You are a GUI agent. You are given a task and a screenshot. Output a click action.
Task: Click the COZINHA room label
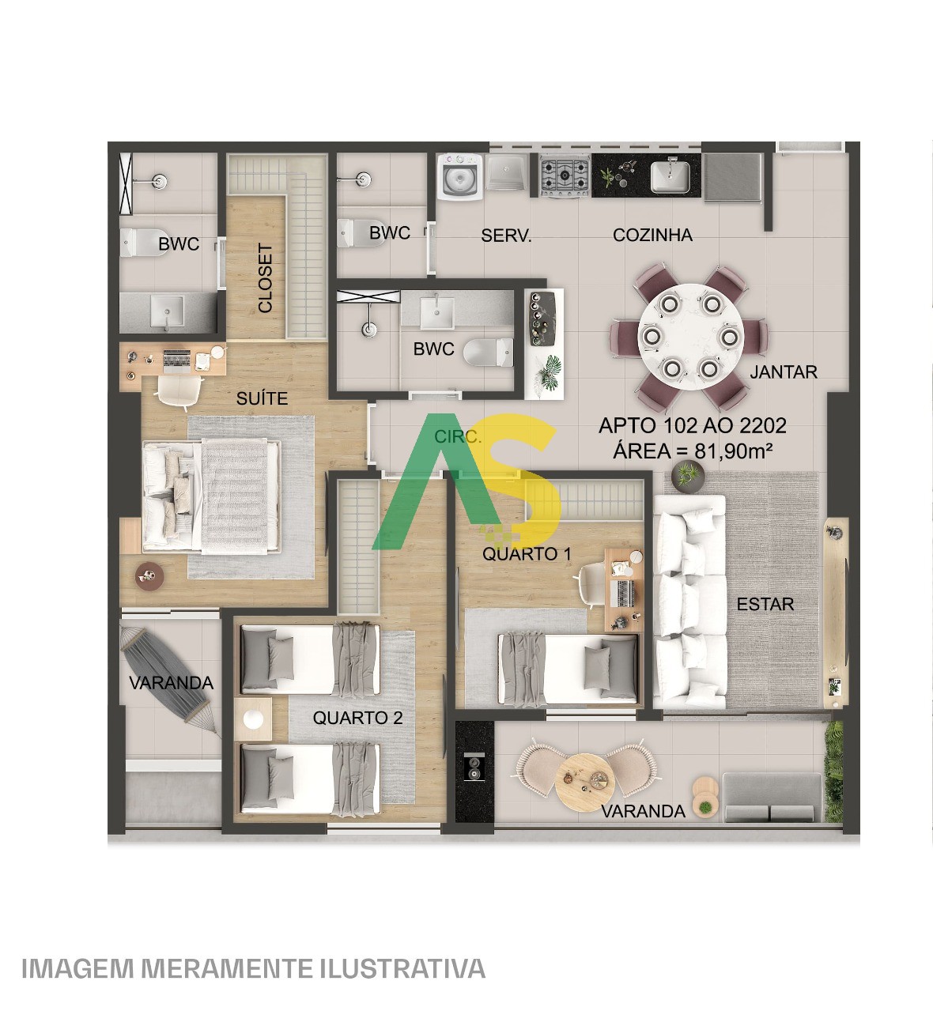coord(652,235)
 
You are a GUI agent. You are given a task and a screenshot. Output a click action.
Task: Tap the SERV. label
coord(506,235)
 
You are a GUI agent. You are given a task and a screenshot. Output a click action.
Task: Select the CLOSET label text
coord(266,277)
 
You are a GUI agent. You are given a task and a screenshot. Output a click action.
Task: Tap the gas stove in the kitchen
coord(565,175)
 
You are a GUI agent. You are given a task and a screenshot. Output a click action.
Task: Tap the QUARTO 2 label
coord(357,718)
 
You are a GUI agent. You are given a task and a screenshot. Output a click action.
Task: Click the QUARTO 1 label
coord(527,553)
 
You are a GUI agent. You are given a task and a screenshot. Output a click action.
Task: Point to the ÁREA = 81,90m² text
coord(693,451)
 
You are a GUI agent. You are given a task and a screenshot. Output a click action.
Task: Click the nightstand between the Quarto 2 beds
coord(254,720)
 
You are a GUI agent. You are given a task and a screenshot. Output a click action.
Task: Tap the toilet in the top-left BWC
coord(139,242)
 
